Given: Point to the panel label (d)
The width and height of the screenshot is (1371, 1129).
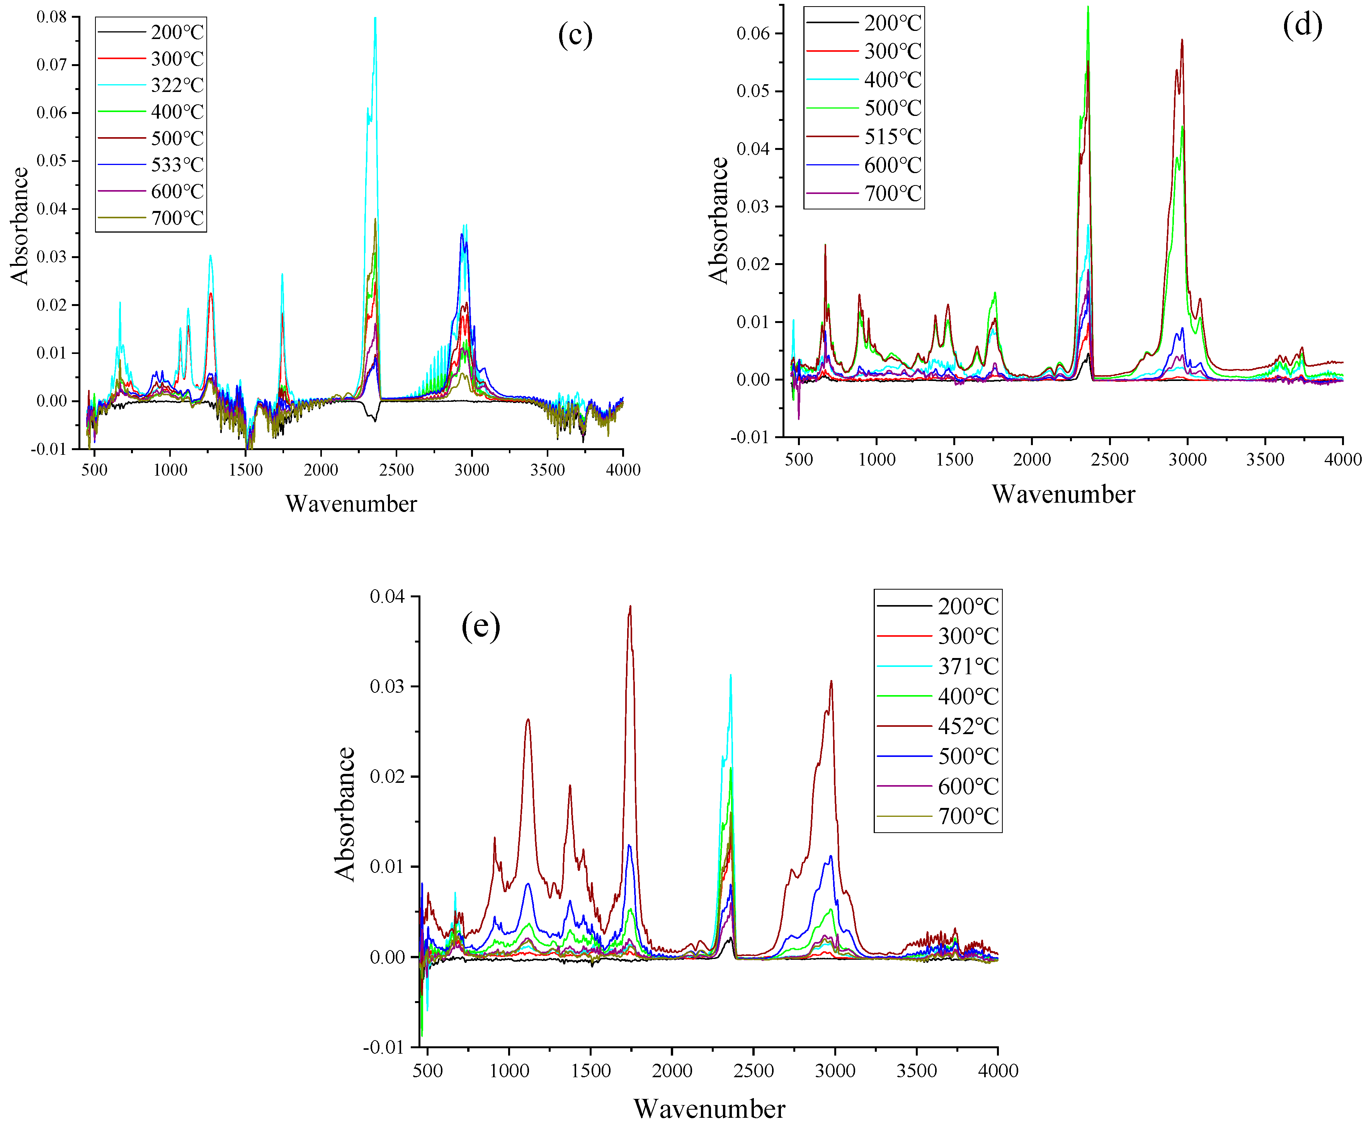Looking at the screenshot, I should pyautogui.click(x=1302, y=26).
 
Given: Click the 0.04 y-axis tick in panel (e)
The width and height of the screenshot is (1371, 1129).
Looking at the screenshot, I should pyautogui.click(x=386, y=596).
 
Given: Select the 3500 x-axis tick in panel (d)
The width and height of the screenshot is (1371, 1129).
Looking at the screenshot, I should pyautogui.click(x=1265, y=459).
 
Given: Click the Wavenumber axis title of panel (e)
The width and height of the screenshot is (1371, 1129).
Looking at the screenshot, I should pyautogui.click(x=709, y=1109).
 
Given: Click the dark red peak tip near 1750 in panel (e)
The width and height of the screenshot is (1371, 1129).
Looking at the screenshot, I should pyautogui.click(x=629, y=606).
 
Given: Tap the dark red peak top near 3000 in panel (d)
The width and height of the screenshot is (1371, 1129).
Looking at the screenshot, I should pyautogui.click(x=1182, y=40).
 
